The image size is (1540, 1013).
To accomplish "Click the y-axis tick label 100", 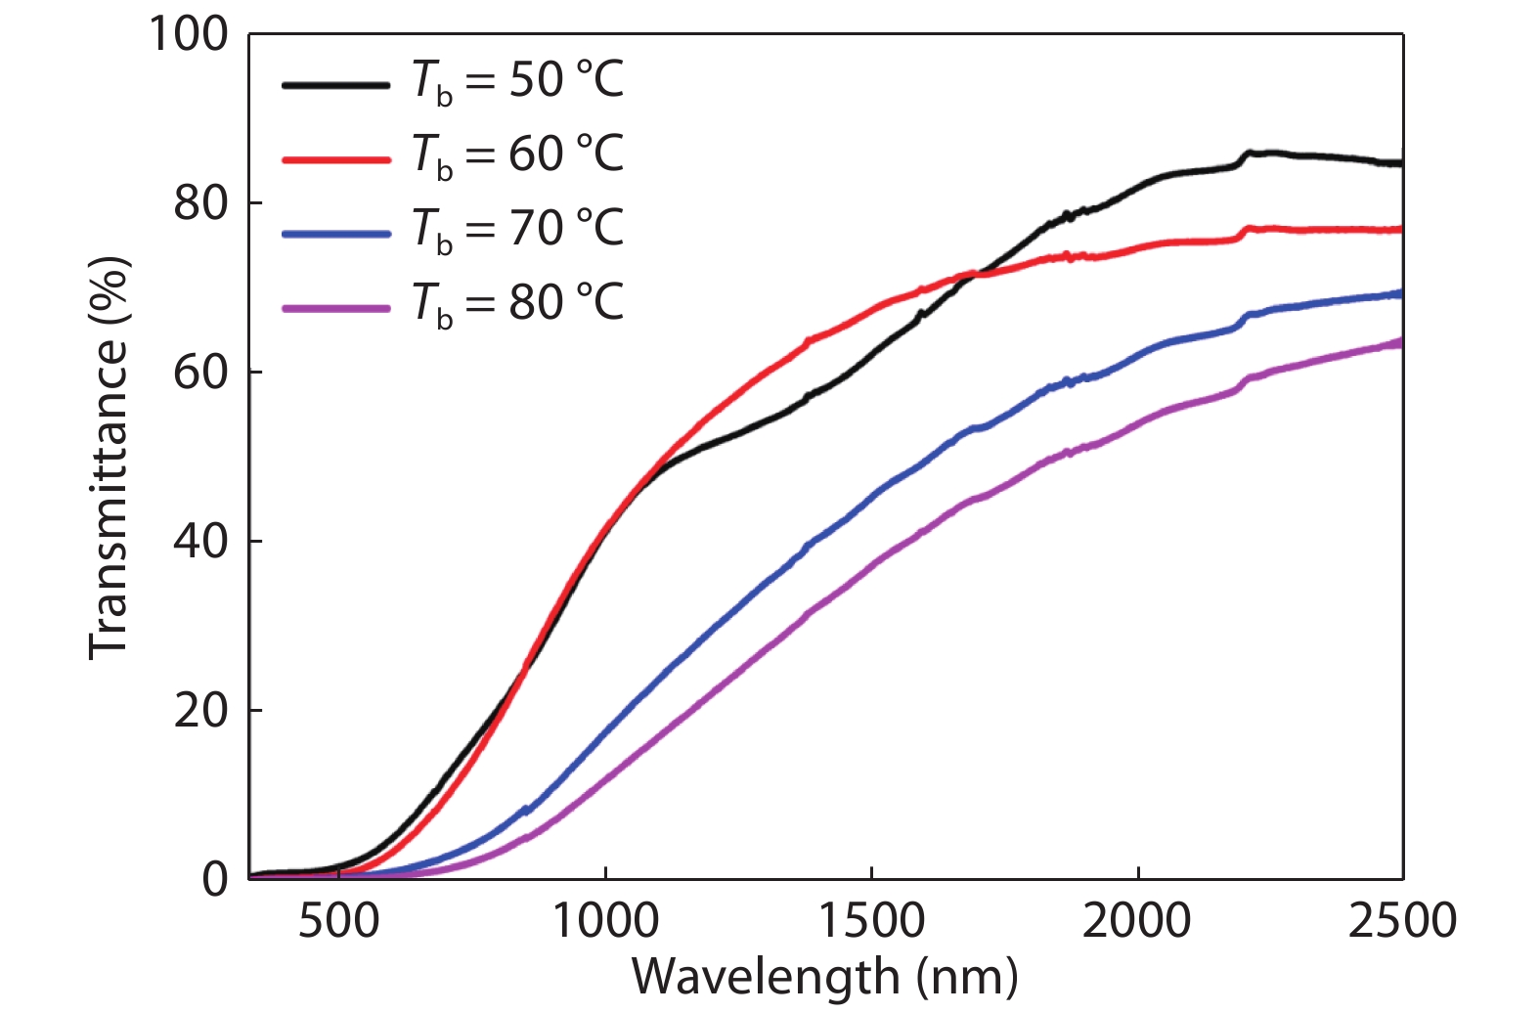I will coord(188,34).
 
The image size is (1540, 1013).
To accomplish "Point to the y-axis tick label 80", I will coord(200,203).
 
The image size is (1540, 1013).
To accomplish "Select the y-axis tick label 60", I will coord(200,373).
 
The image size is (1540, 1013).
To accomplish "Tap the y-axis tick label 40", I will coord(200,541).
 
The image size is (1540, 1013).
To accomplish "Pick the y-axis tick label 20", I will coord(200,710).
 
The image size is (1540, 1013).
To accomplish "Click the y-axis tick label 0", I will coord(215,879).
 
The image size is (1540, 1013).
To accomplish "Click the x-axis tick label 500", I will coord(338,922).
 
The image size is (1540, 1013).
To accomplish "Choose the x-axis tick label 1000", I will coord(605,922).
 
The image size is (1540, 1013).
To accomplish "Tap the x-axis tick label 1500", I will coord(871,922).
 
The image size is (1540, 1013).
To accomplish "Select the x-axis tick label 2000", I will coord(1137,922).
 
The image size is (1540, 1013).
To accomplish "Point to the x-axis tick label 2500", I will coord(1402,922).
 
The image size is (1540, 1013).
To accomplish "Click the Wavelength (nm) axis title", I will coord(824,977).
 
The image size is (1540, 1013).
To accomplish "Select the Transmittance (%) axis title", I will coord(109,458).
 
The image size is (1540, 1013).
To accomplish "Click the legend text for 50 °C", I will coord(518,80).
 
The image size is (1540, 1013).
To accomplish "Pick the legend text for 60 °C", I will coord(518,154).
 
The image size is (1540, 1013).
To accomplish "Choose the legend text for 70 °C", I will coord(518,229).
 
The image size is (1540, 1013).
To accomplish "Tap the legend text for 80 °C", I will coord(518,303).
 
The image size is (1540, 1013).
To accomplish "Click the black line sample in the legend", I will coord(335,85).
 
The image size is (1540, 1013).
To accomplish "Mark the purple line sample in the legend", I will coord(335,308).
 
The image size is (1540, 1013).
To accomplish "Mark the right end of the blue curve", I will coord(1399,293).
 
